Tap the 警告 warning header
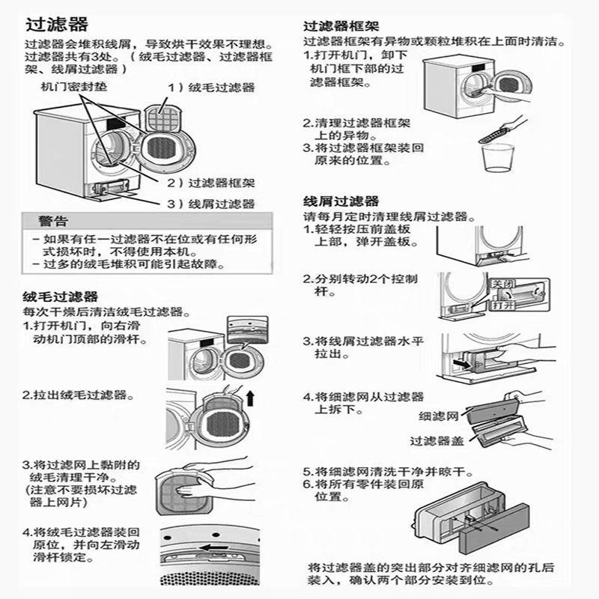tap(53, 222)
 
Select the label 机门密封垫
tap(74, 87)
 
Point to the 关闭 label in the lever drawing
tap(501, 285)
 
